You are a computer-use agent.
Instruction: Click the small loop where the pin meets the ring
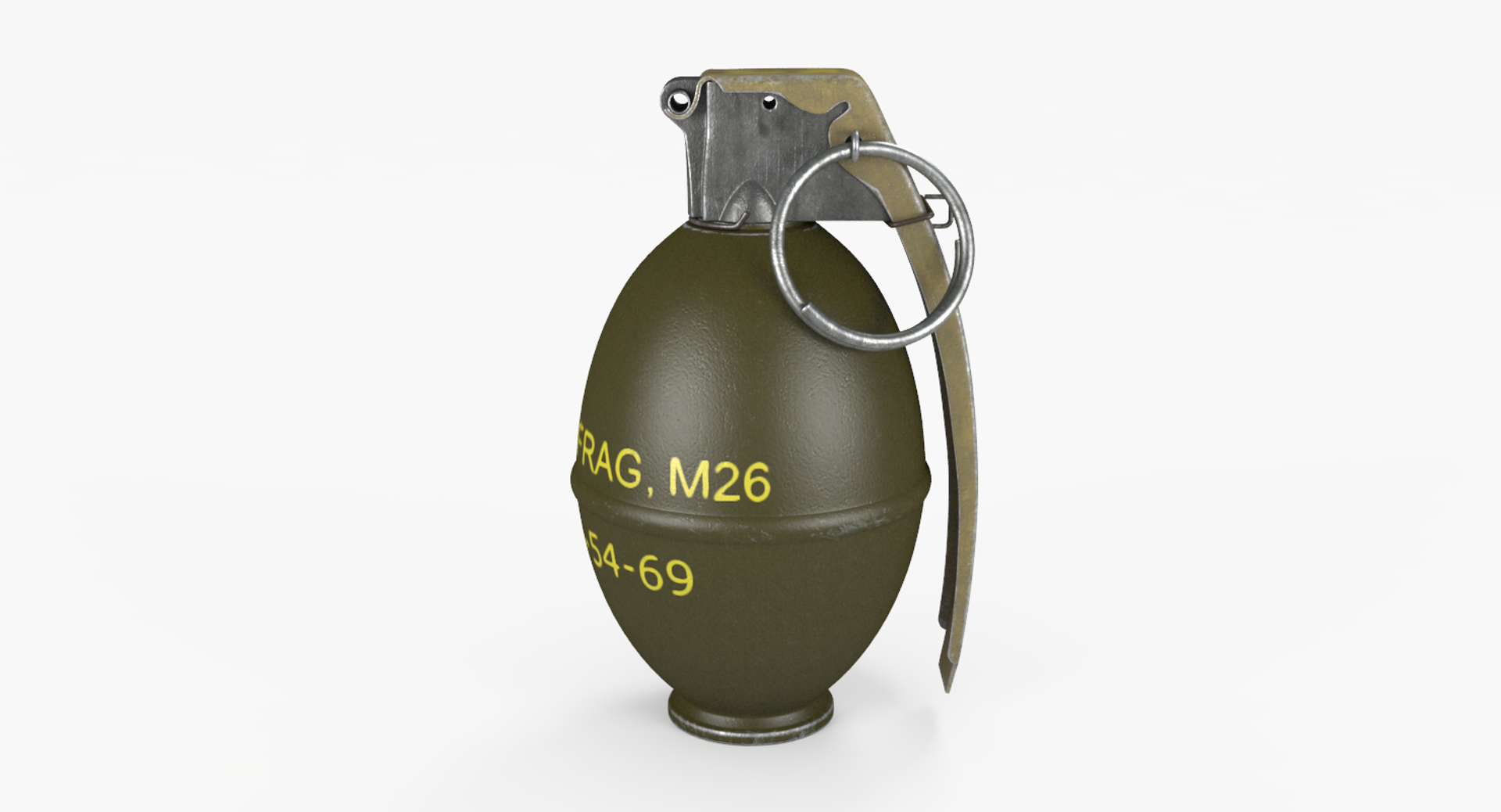[854, 146]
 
